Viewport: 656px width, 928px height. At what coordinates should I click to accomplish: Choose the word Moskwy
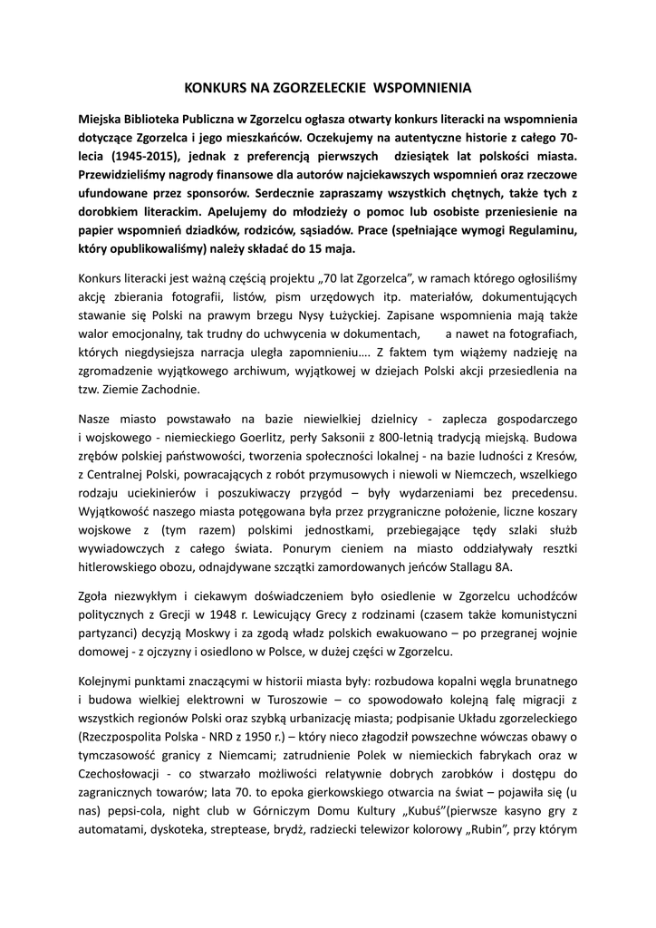[x=234, y=633]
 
